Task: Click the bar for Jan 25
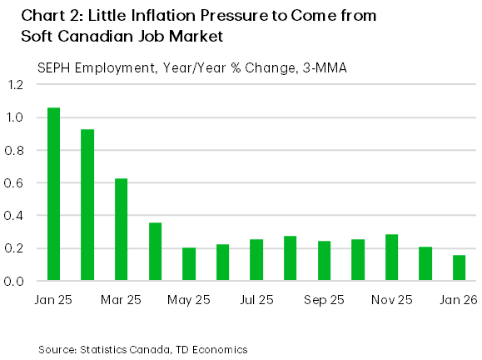tap(53, 194)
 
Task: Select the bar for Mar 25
tap(121, 230)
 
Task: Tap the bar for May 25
tap(189, 264)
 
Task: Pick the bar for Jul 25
tap(256, 260)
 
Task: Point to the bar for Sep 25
tap(325, 261)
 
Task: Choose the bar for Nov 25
tap(392, 257)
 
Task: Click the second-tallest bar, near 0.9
tap(87, 205)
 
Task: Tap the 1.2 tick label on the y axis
tap(17, 85)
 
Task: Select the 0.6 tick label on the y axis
tap(17, 183)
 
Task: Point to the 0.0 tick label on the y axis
tap(17, 282)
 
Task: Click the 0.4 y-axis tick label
tap(17, 216)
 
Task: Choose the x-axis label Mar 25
tap(122, 299)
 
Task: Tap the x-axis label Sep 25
tap(325, 299)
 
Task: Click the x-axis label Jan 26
tap(459, 299)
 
